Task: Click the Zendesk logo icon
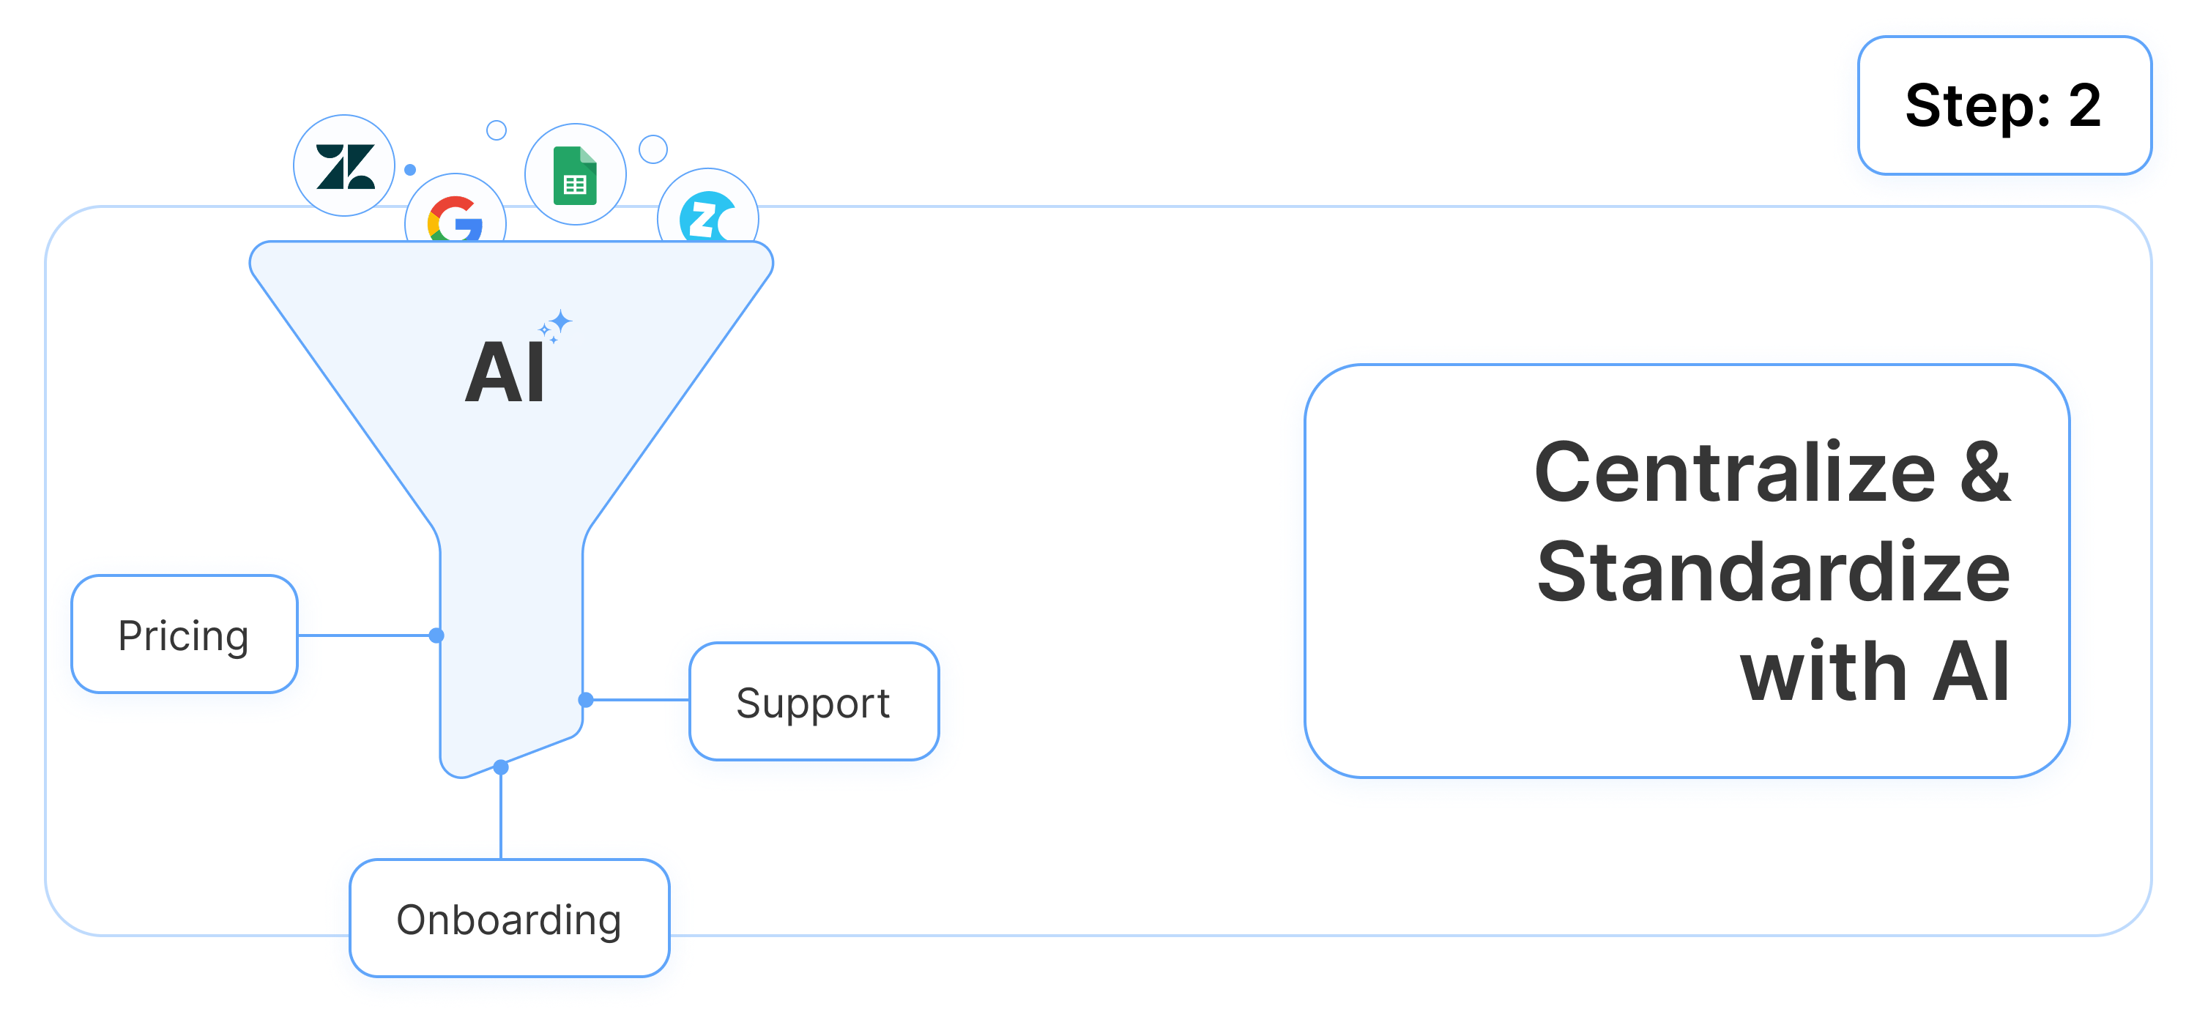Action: (x=344, y=165)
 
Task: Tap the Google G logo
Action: (x=456, y=220)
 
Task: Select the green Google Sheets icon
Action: (x=575, y=176)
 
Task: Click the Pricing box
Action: (x=185, y=635)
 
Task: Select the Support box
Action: (x=814, y=702)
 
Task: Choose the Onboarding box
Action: (x=509, y=918)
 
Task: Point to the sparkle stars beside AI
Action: (x=556, y=326)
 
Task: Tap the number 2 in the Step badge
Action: (x=2084, y=107)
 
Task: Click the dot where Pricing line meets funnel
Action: (x=436, y=635)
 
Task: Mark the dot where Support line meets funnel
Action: (x=586, y=700)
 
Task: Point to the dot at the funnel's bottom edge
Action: (x=502, y=767)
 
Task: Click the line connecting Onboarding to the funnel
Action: (x=502, y=814)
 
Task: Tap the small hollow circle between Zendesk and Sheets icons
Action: (x=497, y=130)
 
